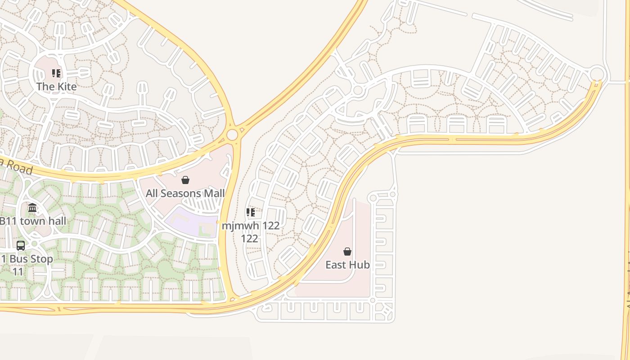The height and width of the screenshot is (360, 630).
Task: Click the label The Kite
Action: point(56,86)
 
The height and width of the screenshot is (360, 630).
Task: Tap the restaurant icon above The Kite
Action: point(56,73)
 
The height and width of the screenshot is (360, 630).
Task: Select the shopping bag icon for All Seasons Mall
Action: point(185,180)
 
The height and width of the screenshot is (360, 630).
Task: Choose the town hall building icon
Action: point(32,207)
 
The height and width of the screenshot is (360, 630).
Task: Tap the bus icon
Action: point(21,245)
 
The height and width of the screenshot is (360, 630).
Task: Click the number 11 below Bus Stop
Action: point(18,272)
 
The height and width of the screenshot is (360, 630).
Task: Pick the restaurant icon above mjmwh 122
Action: point(251,212)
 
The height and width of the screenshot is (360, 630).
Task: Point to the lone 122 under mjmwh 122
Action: point(249,238)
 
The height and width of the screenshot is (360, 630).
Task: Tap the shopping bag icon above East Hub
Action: point(347,251)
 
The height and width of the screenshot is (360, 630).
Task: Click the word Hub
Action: point(360,265)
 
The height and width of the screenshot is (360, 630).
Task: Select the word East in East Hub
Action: point(336,265)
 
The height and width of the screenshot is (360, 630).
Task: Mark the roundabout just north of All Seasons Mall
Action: point(232,135)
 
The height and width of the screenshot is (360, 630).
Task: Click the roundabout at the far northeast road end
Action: point(597,73)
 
